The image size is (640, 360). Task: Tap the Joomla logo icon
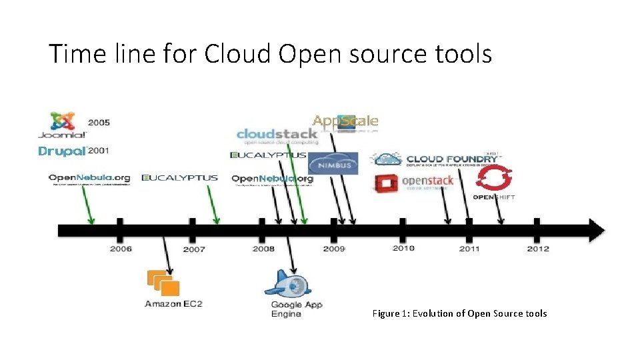pos(63,121)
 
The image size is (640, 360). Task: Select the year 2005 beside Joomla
pos(99,123)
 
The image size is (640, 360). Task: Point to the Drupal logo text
pos(62,151)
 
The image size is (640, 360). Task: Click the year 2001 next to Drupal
pos(99,151)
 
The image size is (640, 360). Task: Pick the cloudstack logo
pos(276,134)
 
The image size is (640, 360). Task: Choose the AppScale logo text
pos(345,121)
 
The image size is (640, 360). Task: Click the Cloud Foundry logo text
pos(452,159)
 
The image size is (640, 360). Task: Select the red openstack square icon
pos(386,183)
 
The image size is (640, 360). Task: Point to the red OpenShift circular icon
pos(494,179)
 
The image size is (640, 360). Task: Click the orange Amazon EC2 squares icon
pos(164,283)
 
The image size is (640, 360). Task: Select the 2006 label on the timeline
pos(121,249)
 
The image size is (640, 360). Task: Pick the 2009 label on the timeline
pos(334,249)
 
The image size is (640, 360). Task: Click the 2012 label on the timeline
pos(538,249)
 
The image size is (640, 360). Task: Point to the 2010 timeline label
pos(403,249)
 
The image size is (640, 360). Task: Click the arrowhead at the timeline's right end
pos(595,230)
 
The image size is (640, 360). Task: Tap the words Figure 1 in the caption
pos(389,313)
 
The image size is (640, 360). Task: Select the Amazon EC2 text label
pos(173,304)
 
